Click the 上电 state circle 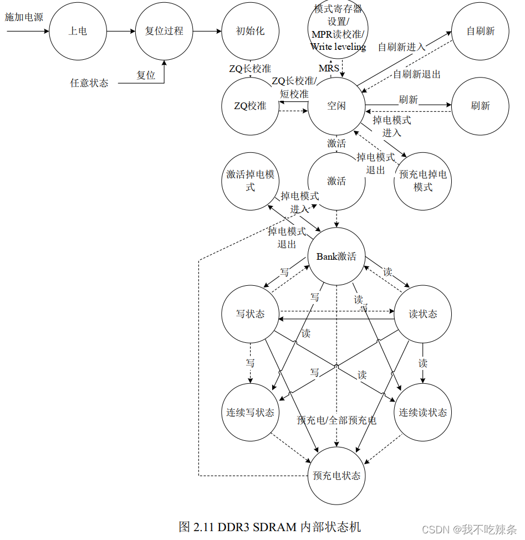78,31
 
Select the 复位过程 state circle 164,31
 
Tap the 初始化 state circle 250,31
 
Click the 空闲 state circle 337,106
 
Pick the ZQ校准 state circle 250,106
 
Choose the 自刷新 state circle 480,31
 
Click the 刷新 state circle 480,106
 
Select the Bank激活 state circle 337,256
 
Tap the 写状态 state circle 250,314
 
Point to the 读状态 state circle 422,314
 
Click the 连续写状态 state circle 250,412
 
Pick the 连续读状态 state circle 422,412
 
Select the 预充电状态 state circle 337,475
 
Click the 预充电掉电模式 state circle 422,181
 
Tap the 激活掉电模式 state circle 250,181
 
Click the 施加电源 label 24,17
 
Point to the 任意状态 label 89,83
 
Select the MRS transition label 329,68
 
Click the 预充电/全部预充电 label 337,420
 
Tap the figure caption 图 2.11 270,526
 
